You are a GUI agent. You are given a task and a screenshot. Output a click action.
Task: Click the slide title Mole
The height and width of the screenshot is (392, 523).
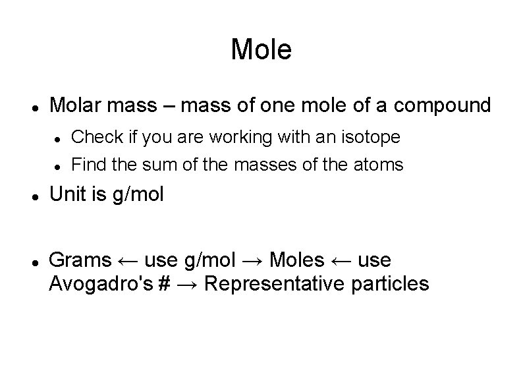pyautogui.click(x=261, y=50)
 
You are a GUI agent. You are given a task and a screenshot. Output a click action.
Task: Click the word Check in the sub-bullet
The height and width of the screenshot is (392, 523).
pyautogui.click(x=92, y=137)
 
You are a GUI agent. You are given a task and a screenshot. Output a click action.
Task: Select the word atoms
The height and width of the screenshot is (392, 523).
pyautogui.click(x=380, y=165)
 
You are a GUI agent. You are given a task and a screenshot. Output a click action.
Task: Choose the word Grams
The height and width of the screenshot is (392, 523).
pyautogui.click(x=80, y=260)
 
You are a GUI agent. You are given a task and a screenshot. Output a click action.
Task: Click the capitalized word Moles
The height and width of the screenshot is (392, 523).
pyautogui.click(x=297, y=260)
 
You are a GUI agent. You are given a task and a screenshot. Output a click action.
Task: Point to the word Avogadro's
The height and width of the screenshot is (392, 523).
pyautogui.click(x=101, y=284)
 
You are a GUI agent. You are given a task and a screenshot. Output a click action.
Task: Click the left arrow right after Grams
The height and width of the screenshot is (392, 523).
pyautogui.click(x=128, y=261)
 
